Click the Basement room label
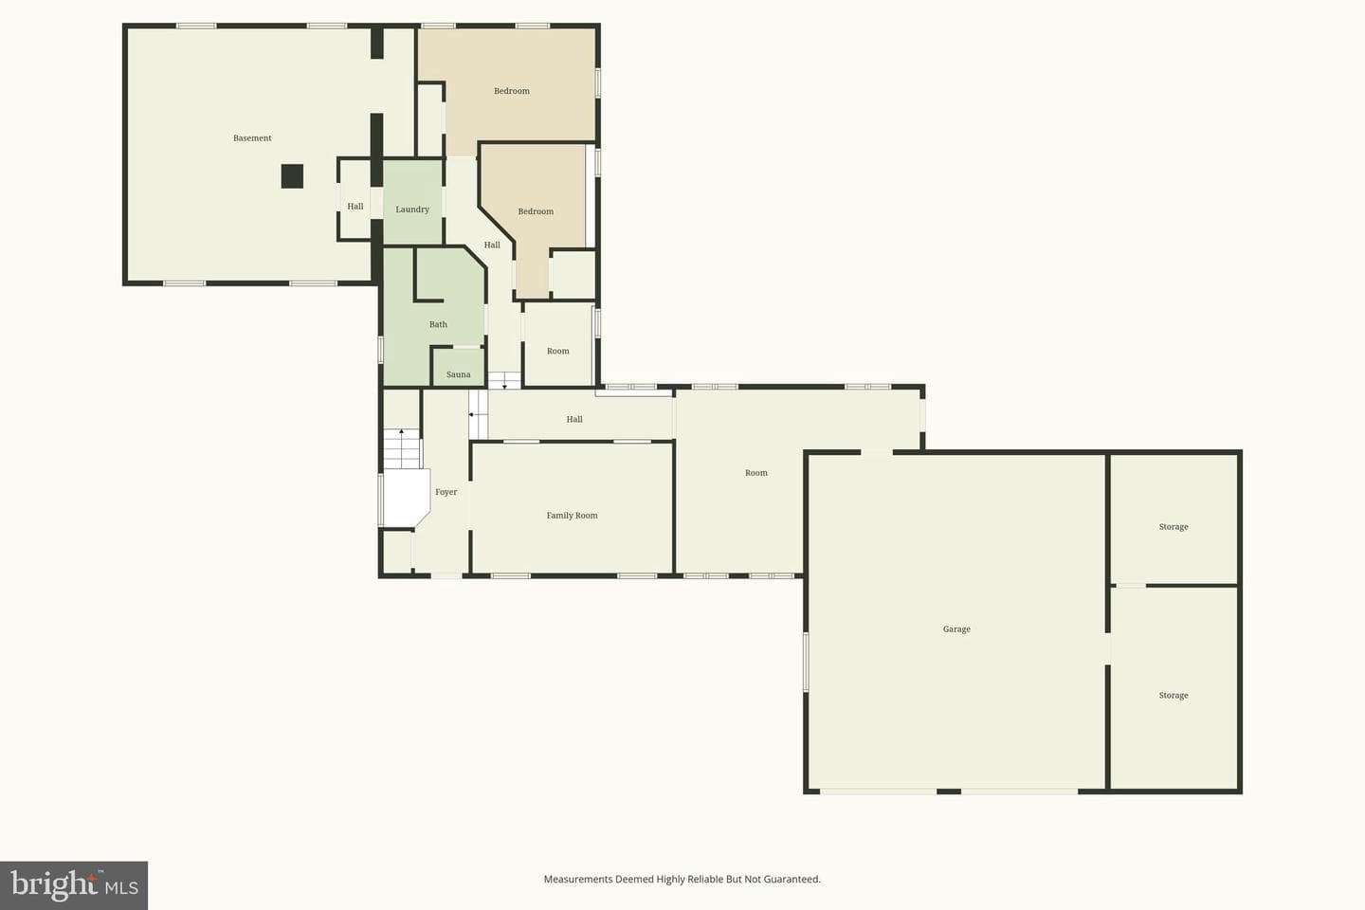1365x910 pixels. point(252,138)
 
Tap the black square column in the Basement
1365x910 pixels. point(292,176)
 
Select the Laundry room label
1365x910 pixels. point(412,209)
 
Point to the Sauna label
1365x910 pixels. point(458,374)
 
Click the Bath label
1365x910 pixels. point(438,324)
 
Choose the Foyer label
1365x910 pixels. point(446,492)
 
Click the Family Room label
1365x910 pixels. point(573,516)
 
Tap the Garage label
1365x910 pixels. point(956,629)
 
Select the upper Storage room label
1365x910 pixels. point(1174,527)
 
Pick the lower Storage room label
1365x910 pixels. point(1174,696)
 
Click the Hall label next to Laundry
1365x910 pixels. point(355,207)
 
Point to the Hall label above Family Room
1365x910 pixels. point(574,419)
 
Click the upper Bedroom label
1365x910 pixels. point(512,91)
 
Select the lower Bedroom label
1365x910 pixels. point(536,211)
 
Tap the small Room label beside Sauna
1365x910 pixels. point(558,351)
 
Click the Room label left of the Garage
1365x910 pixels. point(756,473)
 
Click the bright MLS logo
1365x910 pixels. point(74,885)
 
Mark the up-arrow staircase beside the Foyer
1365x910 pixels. point(402,448)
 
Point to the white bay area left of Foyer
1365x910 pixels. point(406,497)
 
